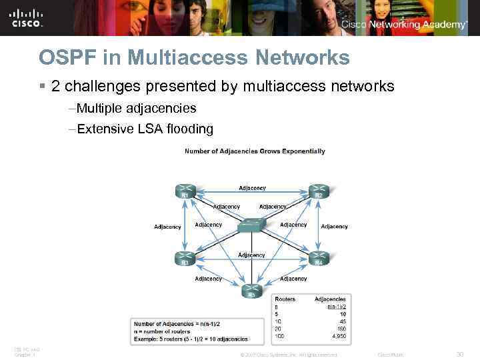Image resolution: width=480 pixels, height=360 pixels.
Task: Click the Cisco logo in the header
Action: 27,19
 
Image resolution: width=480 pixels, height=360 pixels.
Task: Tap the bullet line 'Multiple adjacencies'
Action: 136,108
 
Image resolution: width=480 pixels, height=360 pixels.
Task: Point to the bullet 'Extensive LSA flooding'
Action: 145,129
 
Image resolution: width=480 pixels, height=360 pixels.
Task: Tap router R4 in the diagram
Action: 319,259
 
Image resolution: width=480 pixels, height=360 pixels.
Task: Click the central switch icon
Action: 251,225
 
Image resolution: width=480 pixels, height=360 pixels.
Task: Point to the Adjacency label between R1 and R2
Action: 252,188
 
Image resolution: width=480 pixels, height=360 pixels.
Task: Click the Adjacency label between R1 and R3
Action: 167,227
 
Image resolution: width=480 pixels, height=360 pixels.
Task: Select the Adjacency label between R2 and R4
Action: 334,227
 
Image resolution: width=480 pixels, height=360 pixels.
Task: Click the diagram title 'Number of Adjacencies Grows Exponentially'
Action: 255,151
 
